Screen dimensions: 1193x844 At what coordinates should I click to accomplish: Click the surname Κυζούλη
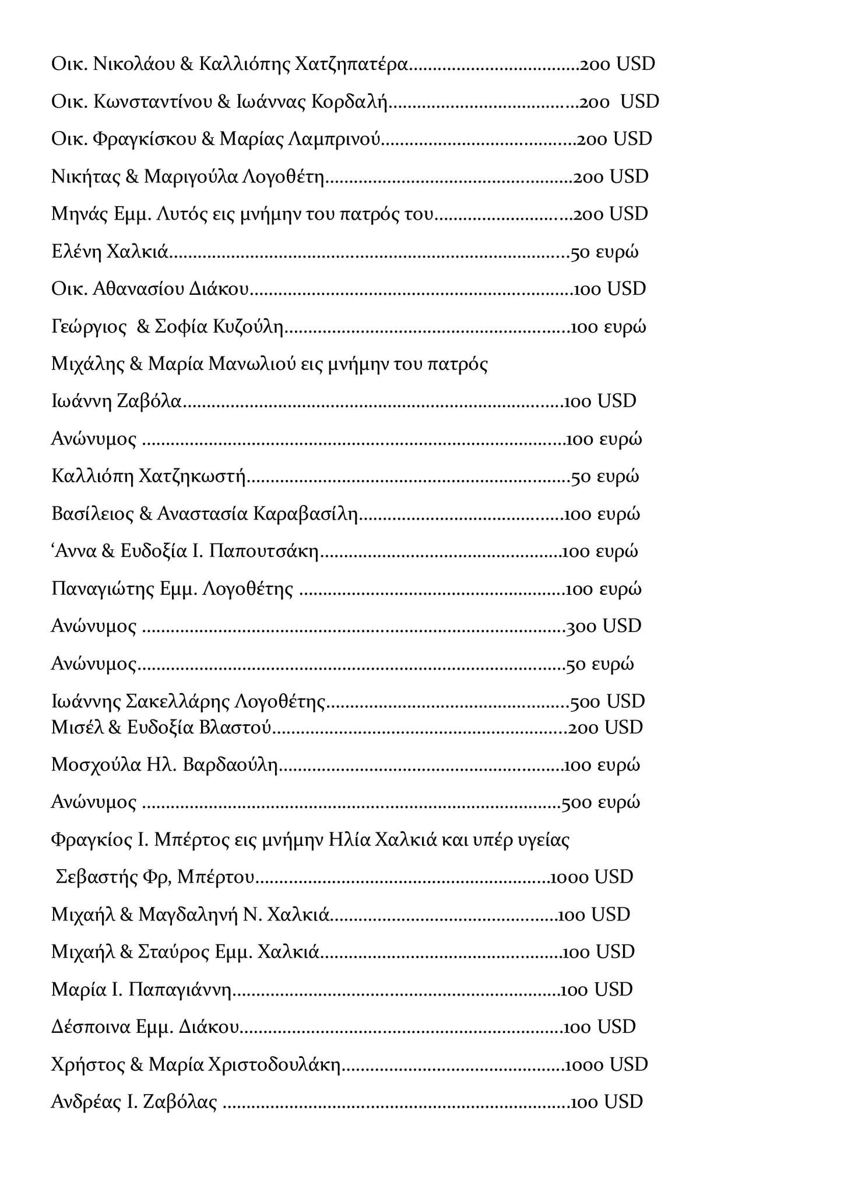pos(249,327)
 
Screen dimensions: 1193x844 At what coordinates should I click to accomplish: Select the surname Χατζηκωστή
pos(192,477)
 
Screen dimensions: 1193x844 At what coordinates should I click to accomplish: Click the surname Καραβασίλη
pos(305,514)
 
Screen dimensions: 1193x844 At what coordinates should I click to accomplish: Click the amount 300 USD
pos(603,626)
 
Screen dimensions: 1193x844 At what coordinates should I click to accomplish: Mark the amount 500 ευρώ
pos(600,803)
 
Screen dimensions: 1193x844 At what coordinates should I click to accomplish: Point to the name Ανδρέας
pos(80,1102)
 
